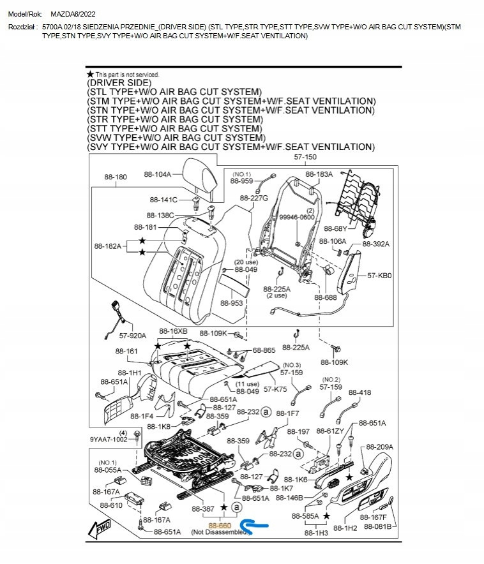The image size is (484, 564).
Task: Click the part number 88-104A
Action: click(x=158, y=174)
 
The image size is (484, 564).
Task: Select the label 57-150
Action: click(x=305, y=157)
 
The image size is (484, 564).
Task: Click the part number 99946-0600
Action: click(x=298, y=217)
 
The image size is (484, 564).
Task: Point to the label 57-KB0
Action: click(x=379, y=276)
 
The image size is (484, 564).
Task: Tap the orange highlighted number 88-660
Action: click(x=220, y=524)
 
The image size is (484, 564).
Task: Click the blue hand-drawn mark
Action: click(x=259, y=524)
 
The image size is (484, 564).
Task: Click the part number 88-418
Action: click(x=359, y=392)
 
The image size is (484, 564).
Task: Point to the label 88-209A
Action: click(x=380, y=447)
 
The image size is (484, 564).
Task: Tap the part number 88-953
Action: click(x=232, y=303)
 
